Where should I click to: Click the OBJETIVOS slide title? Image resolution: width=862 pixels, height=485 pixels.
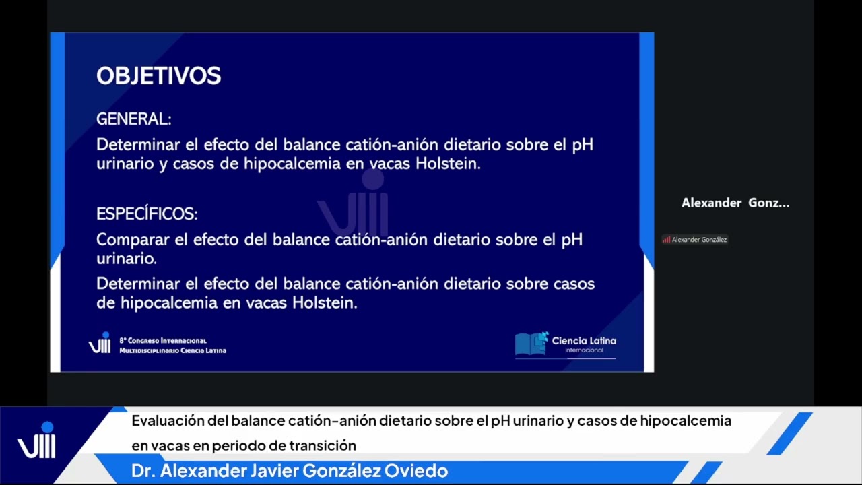158,75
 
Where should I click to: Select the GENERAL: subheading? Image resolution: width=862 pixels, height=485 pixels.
133,119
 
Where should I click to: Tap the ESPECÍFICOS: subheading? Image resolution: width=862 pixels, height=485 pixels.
147,214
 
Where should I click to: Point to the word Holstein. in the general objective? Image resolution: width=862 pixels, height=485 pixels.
448,164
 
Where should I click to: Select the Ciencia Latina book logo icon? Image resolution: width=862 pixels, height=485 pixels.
531,344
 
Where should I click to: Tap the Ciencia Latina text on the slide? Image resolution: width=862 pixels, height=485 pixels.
584,340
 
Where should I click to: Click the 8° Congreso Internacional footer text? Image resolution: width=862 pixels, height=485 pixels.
163,341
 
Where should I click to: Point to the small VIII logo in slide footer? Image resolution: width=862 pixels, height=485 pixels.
100,343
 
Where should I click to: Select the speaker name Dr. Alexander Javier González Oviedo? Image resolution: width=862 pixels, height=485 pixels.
290,471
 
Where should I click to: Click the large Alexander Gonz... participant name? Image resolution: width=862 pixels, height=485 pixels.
735,203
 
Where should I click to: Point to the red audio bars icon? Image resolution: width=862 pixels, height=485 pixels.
666,240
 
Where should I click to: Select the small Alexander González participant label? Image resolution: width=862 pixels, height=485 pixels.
699,240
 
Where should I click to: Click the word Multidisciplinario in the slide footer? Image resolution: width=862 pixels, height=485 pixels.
146,351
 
